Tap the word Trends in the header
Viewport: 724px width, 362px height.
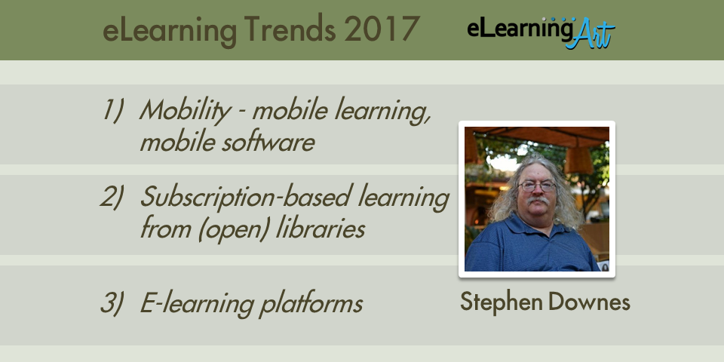290,29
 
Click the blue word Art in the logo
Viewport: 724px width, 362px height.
590,34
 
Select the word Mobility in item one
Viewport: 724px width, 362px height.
185,112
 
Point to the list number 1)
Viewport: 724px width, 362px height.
113,111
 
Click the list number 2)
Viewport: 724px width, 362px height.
112,196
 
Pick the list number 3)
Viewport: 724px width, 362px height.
112,303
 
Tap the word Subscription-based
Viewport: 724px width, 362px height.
244,198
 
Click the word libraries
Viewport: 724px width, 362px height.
321,228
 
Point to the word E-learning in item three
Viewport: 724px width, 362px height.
197,305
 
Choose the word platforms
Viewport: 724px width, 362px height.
310,305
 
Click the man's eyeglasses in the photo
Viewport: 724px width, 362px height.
536,186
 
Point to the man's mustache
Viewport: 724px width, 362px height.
538,201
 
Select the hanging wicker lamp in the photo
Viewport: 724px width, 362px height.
579,160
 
